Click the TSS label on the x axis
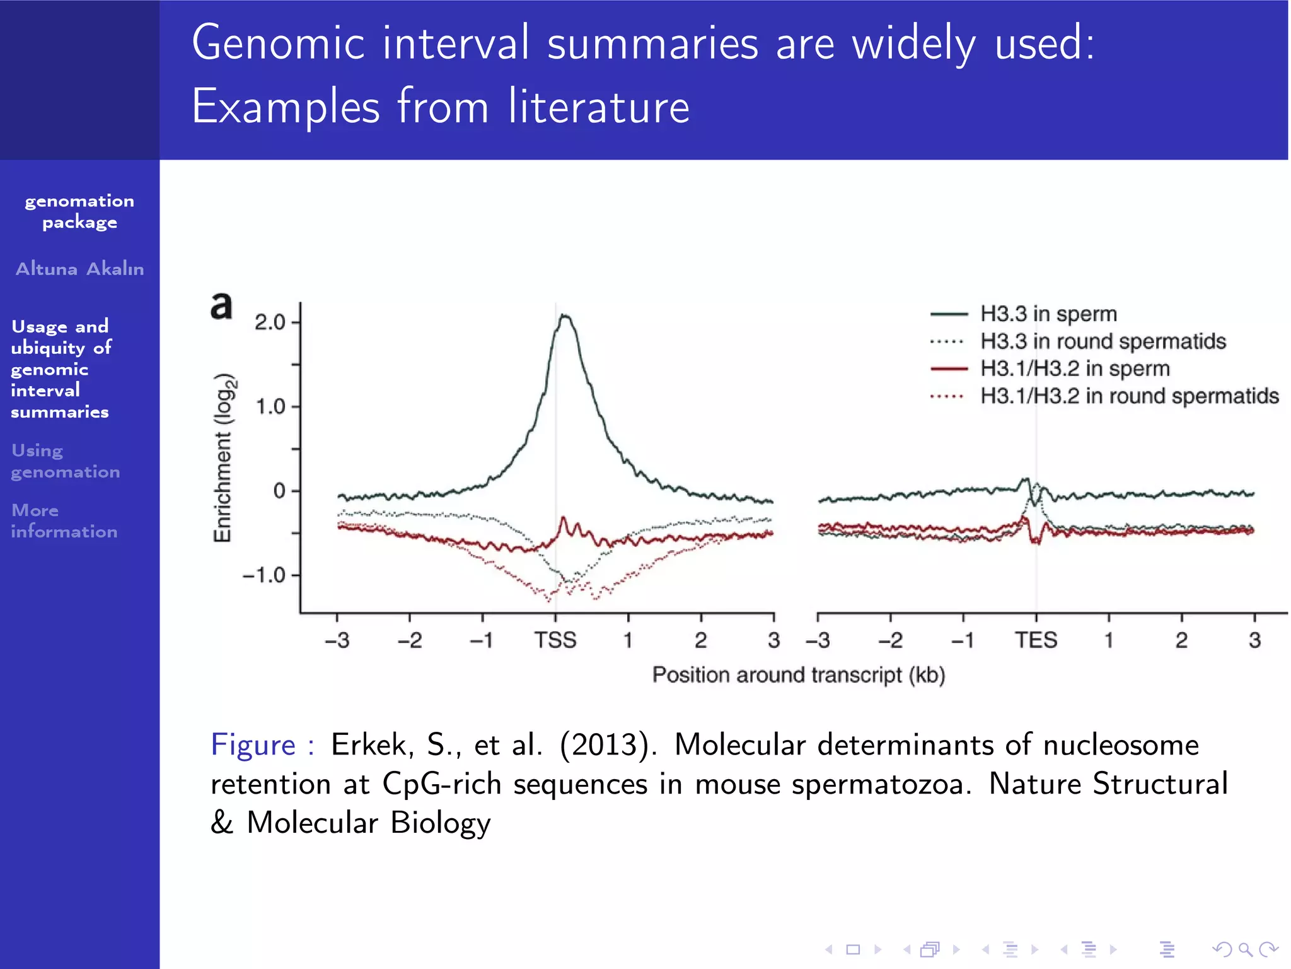555,640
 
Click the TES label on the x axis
1036,640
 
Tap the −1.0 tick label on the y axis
264,575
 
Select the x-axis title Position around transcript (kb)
798,675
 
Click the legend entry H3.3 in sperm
1048,314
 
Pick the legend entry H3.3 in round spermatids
1103,341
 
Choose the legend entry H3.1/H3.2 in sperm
1075,368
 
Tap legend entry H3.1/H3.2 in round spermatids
1129,396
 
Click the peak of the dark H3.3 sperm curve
565,316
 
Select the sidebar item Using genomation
65,461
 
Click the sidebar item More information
64,520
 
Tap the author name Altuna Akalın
79,269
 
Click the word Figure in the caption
253,744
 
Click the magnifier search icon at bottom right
1244,949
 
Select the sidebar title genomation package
79,211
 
